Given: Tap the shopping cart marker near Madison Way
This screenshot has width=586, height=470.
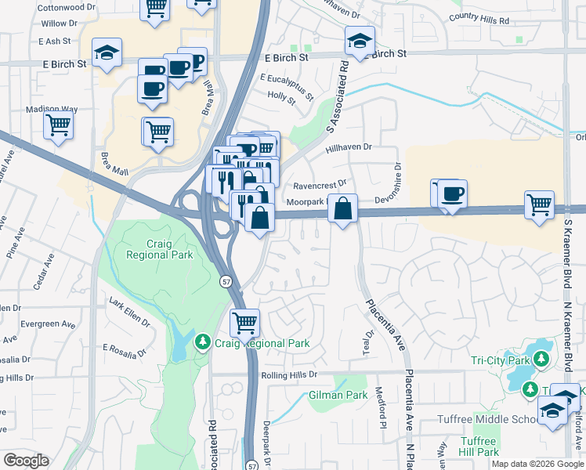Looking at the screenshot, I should tap(59, 124).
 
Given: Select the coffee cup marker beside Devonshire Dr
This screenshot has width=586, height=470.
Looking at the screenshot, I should tap(452, 193).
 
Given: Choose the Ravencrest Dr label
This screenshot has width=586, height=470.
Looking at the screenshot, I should tap(320, 186).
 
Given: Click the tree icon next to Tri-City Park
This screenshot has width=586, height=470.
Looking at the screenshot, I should tap(541, 360).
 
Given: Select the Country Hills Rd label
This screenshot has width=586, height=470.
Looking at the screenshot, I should tap(479, 19).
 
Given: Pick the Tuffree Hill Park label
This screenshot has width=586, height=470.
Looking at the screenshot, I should tap(478, 446).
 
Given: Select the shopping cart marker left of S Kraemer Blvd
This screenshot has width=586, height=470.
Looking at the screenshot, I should tap(540, 205).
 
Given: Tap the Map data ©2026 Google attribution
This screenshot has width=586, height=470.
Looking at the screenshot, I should tap(537, 464).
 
